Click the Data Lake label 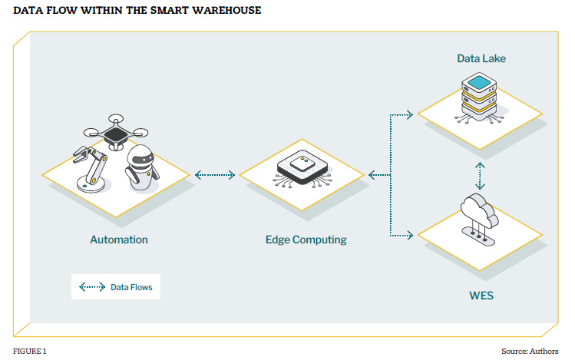pos(481,58)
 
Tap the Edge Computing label pos(306,239)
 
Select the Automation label pos(119,239)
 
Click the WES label pos(481,294)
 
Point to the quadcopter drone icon pos(116,132)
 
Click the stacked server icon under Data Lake pos(481,96)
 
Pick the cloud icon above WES pos(481,213)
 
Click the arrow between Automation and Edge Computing pos(215,175)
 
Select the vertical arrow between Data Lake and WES pos(481,175)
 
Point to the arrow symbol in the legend pos(92,288)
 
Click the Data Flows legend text pos(131,288)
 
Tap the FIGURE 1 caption pos(30,351)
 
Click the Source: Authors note pos(531,351)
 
